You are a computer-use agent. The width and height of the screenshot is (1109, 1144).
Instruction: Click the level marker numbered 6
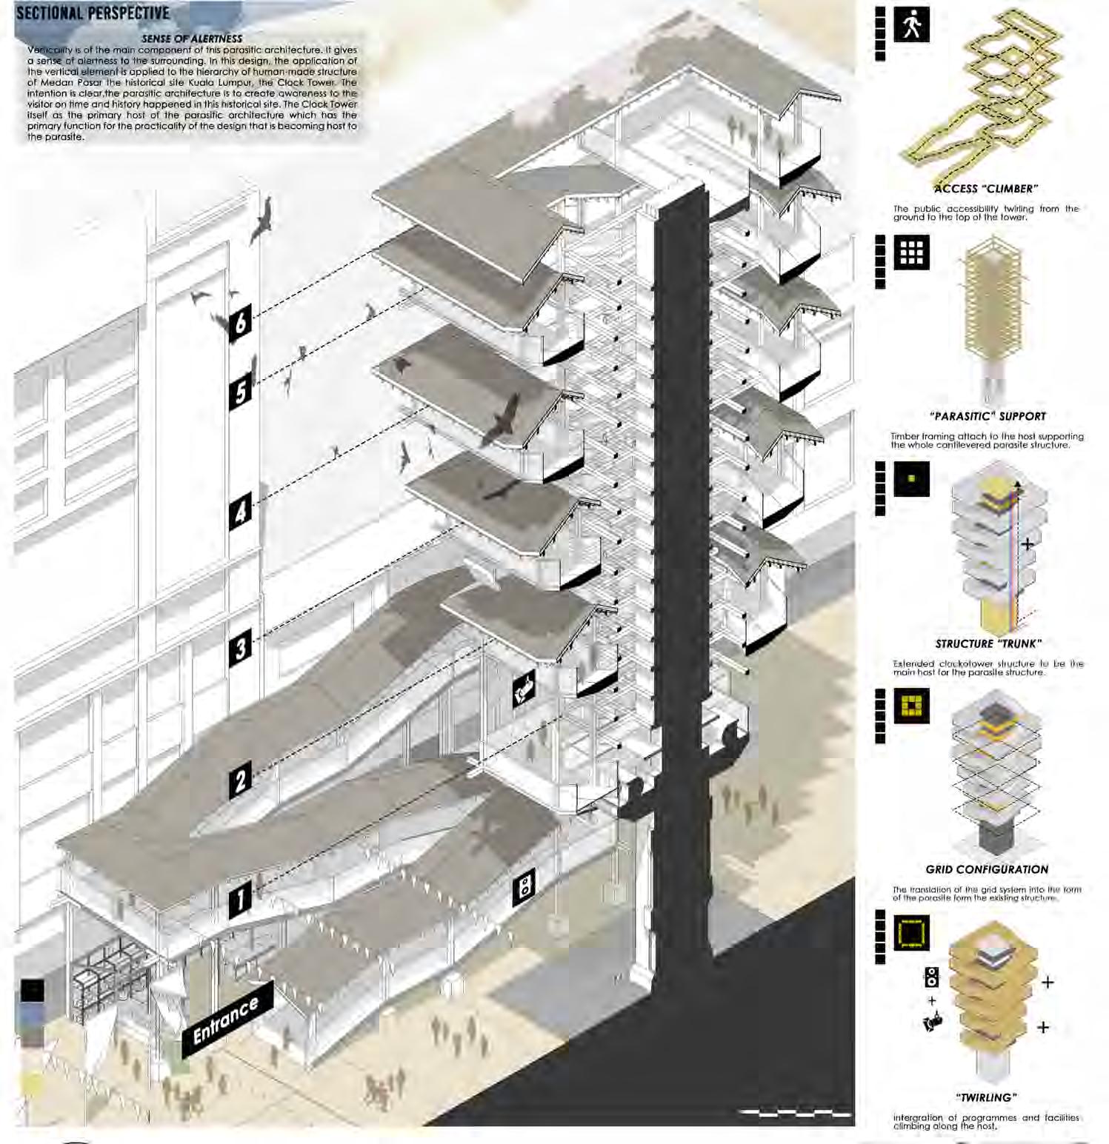tap(240, 323)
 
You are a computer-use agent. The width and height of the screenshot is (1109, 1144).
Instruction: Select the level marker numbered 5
tap(241, 391)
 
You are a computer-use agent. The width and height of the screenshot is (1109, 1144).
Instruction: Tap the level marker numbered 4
tap(240, 512)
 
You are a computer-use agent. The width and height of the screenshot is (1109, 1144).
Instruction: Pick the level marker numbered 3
tap(240, 648)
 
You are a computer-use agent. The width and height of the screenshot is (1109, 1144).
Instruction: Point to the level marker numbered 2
tap(240, 780)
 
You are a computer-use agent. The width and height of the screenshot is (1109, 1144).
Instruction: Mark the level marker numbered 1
tap(240, 899)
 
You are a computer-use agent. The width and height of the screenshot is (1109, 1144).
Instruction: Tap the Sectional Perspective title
tap(93, 13)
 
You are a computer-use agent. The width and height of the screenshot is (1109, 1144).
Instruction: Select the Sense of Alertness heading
tap(192, 39)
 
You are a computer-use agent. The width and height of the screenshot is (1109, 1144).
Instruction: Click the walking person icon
tap(911, 25)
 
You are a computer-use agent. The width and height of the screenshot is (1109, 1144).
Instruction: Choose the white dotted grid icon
tap(911, 253)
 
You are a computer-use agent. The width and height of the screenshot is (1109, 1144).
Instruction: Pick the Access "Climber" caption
tap(985, 189)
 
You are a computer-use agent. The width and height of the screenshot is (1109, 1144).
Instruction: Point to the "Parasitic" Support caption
tap(988, 416)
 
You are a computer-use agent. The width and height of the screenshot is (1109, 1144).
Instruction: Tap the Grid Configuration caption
tap(987, 869)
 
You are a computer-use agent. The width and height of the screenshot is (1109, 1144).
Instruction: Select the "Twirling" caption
tap(986, 1097)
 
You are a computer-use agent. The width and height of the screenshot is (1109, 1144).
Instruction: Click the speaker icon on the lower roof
tap(524, 886)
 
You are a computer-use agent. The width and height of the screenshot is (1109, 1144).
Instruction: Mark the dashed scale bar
tap(795, 1112)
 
